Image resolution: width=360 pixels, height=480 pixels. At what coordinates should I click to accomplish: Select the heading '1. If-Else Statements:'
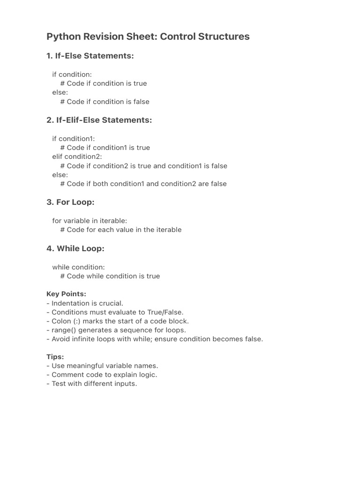(x=90, y=56)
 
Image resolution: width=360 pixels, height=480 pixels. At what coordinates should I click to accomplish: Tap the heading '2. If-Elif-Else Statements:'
(x=99, y=120)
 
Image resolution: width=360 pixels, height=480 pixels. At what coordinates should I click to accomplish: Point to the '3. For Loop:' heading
(x=70, y=202)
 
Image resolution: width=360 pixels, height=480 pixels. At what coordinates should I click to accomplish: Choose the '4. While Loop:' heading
(x=75, y=248)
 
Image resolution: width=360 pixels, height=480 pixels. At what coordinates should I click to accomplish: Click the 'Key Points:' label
(x=66, y=294)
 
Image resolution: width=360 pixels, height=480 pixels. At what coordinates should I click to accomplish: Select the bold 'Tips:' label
(x=55, y=357)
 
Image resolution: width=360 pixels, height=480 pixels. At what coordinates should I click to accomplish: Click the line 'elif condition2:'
(x=77, y=157)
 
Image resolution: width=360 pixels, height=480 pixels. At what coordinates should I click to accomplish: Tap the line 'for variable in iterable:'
(x=90, y=220)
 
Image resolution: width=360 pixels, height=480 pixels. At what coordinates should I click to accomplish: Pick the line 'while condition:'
(x=78, y=267)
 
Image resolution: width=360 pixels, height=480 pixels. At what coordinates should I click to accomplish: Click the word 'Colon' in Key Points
(x=62, y=321)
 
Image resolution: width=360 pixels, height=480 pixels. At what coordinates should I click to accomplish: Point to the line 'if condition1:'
(x=74, y=139)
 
